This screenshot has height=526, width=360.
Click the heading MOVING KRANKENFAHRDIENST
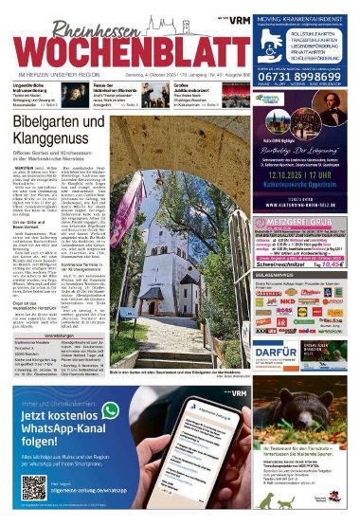click(x=306, y=10)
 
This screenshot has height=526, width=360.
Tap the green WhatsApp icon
click(x=111, y=410)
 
